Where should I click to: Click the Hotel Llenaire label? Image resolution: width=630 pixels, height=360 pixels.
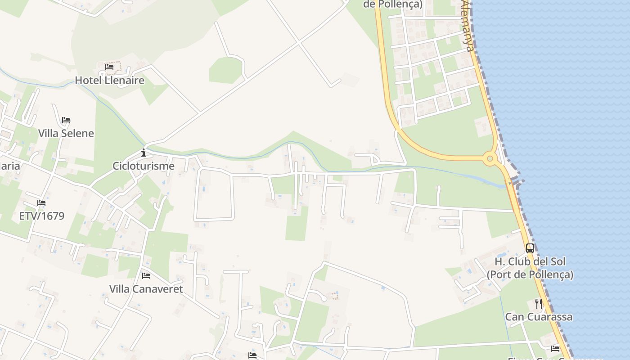coord(109,81)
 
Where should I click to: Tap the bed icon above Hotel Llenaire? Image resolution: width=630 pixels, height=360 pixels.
coord(109,67)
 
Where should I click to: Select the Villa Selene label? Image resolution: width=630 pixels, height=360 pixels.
coord(66,133)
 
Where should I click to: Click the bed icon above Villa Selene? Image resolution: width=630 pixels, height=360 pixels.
coord(66,120)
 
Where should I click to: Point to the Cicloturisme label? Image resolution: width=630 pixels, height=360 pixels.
coord(144,166)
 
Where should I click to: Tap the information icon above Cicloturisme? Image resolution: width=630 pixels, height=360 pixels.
coord(144,153)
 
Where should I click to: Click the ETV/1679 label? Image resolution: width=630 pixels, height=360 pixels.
coord(41,216)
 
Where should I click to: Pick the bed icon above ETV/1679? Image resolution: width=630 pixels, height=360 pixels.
coord(41,203)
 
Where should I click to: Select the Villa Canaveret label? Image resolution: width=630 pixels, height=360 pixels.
coord(146,289)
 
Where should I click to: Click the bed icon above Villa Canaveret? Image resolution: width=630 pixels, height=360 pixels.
coord(146,275)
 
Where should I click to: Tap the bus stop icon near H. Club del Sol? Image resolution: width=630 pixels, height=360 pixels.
coord(530,248)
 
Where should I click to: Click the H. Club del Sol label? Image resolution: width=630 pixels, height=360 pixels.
coord(530,261)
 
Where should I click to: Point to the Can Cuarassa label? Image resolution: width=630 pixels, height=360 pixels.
coord(539,317)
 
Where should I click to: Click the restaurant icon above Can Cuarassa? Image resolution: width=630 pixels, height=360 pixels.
coord(539,304)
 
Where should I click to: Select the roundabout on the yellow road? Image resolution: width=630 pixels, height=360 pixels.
coord(490,158)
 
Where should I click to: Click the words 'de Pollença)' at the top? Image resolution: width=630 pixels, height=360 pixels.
coord(393,4)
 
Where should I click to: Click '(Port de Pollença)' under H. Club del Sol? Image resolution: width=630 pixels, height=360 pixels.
coord(530,274)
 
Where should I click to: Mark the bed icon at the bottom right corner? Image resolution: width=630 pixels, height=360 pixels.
coord(555,348)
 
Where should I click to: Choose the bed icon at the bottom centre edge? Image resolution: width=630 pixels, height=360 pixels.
coord(252,355)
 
